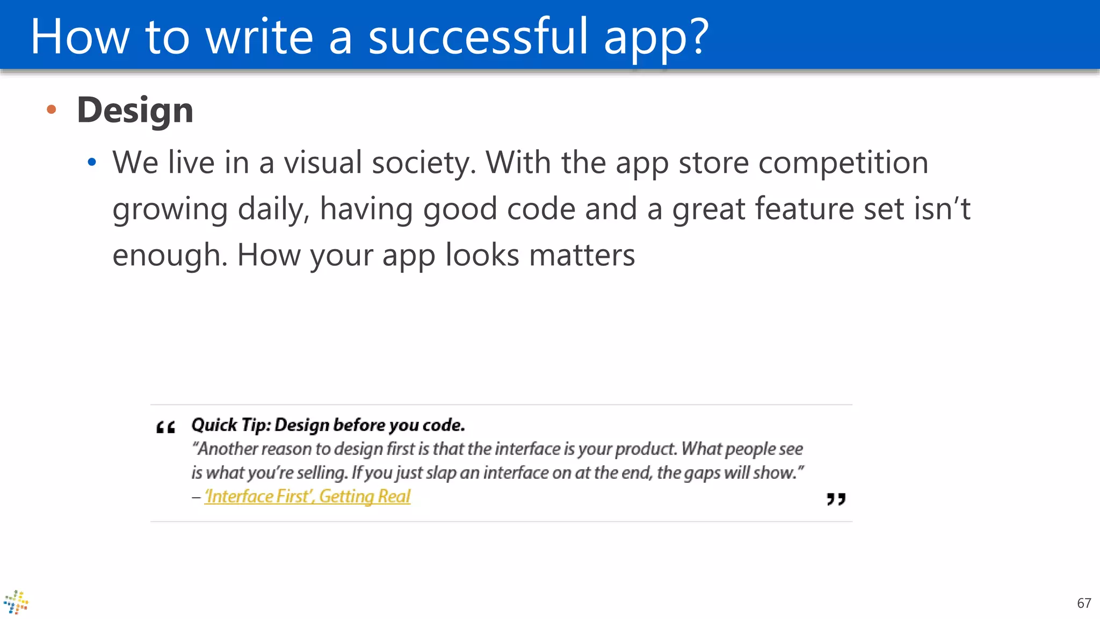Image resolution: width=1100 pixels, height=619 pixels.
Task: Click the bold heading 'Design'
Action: (x=135, y=110)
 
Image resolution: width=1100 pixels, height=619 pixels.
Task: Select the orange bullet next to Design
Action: (x=52, y=110)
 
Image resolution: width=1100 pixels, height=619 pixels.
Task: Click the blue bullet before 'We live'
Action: (x=92, y=162)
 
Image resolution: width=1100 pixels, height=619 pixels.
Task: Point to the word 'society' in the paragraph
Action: (x=424, y=163)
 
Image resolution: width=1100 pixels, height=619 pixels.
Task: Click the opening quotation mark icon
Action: (x=165, y=428)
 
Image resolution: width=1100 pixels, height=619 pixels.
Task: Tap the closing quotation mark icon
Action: (x=836, y=499)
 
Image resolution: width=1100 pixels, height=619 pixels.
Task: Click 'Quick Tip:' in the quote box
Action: (x=231, y=425)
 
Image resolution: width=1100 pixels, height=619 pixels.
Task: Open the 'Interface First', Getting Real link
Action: (x=307, y=497)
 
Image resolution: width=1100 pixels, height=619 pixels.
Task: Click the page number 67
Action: (x=1084, y=603)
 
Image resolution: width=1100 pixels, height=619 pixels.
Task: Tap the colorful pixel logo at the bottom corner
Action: (x=16, y=602)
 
